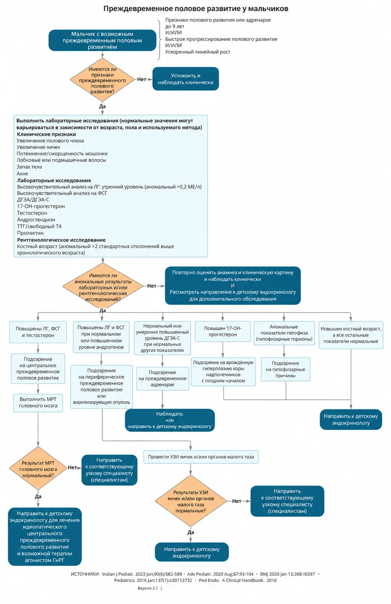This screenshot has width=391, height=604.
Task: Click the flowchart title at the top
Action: tap(196, 9)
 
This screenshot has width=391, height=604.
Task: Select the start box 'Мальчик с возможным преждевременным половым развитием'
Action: tap(102, 40)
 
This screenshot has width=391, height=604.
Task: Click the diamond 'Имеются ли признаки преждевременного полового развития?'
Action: tap(102, 80)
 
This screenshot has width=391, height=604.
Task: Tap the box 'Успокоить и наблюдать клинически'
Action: tap(186, 79)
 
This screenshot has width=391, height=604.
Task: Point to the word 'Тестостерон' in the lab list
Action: tap(32, 213)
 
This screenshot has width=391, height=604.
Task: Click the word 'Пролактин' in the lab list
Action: tap(30, 233)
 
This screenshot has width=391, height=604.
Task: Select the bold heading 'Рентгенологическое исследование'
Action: tap(61, 240)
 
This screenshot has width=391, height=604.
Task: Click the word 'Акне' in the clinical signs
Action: tap(22, 174)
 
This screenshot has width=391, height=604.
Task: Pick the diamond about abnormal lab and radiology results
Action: tap(103, 286)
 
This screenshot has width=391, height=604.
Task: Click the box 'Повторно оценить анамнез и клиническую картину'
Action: tap(233, 286)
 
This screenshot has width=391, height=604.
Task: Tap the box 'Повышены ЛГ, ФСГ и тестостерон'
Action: tap(38, 332)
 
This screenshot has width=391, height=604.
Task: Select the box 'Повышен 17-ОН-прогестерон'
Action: tap(223, 331)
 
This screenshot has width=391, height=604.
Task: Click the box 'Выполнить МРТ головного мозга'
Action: tap(38, 403)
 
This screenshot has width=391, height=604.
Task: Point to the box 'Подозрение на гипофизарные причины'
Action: tap(286, 369)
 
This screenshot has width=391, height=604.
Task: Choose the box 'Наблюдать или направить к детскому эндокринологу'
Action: tap(170, 420)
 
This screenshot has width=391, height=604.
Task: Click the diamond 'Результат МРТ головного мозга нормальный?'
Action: tap(38, 469)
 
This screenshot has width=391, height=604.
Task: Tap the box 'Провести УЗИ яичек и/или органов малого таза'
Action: tap(201, 457)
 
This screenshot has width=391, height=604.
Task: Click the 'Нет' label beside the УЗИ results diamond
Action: tap(237, 501)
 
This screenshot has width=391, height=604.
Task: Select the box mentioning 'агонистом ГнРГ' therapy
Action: tap(45, 537)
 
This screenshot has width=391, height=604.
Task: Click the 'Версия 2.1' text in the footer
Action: tap(148, 588)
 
